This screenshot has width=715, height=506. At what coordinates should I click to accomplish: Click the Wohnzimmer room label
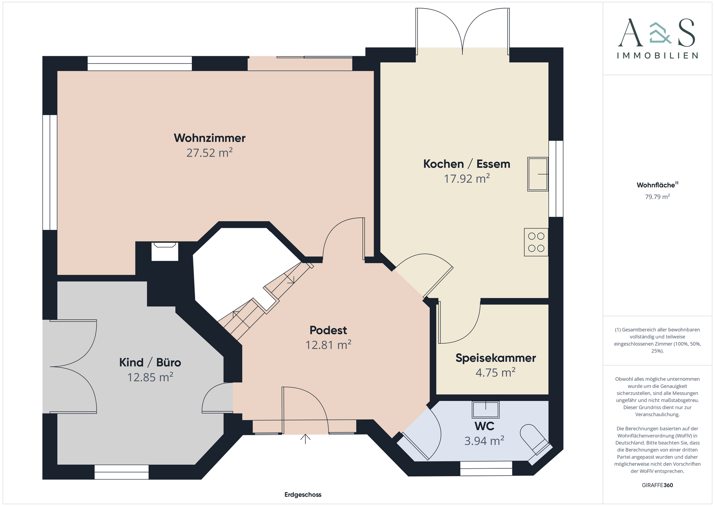(x=210, y=138)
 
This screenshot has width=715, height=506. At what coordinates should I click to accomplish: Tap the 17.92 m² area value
(x=467, y=178)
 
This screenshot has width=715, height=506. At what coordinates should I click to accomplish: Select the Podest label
(x=328, y=330)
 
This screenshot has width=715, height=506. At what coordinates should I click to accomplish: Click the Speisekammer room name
(x=496, y=358)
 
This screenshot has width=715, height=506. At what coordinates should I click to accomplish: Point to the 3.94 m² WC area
(x=484, y=441)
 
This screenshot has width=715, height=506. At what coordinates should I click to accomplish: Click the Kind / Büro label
(x=150, y=363)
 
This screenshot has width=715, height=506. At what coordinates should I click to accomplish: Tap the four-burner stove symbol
(x=536, y=242)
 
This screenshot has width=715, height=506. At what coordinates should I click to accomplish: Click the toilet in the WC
(x=536, y=443)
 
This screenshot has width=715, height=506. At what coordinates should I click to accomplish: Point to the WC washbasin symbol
(x=486, y=409)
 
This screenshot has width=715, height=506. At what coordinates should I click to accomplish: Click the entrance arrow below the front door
(x=305, y=439)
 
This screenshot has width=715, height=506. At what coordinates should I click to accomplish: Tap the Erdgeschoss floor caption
(x=303, y=495)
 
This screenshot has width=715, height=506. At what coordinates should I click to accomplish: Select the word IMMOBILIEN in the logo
(x=657, y=56)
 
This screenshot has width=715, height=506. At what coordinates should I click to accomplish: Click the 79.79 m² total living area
(x=657, y=197)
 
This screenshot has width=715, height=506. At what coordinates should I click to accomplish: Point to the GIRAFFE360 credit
(x=657, y=485)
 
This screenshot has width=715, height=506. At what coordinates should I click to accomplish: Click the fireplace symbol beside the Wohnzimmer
(x=165, y=252)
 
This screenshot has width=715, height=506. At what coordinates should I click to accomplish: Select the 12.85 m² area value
(x=150, y=377)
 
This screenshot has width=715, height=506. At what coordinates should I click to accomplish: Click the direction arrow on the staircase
(x=290, y=279)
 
